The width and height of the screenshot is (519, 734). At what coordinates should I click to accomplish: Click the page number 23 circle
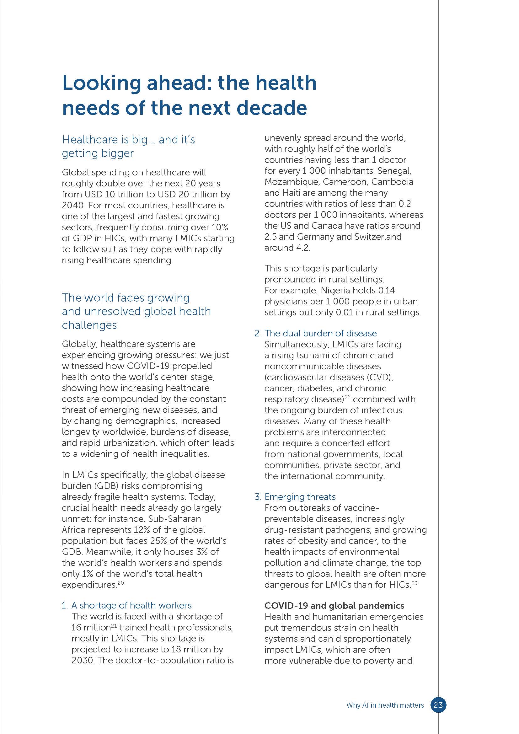pos(438,705)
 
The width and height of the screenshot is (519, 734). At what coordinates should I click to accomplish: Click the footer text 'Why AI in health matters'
pos(385,705)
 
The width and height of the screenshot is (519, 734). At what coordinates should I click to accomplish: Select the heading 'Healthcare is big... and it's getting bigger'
pos(128,146)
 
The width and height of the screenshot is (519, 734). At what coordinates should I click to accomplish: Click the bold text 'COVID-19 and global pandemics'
pos(334,606)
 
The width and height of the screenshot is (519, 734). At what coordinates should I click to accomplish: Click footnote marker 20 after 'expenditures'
pos(120,583)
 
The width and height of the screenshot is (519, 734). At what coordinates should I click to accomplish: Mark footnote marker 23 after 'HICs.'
pos(415,583)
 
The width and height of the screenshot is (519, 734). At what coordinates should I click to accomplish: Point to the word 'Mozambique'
pos(292,182)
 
